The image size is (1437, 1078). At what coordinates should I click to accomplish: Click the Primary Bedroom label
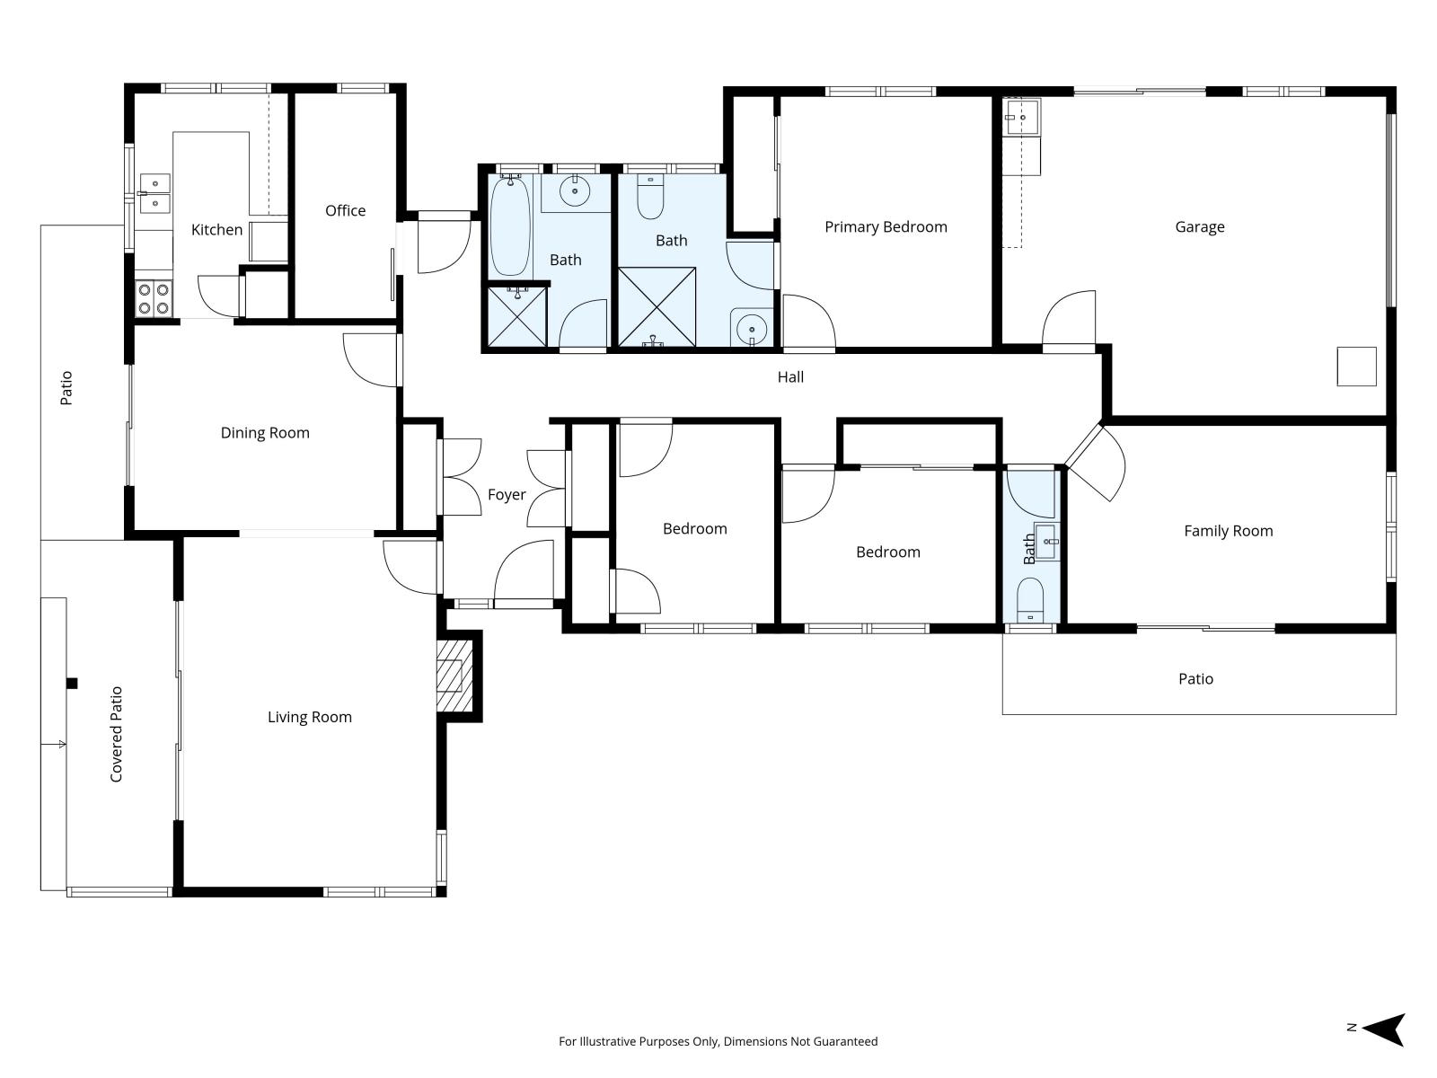tap(886, 227)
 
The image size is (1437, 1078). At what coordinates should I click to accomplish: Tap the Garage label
tap(1199, 227)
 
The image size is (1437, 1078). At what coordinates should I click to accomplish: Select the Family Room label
tap(1228, 531)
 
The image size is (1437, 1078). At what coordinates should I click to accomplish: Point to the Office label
tap(345, 210)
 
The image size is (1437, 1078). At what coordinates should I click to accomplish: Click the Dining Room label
tap(264, 433)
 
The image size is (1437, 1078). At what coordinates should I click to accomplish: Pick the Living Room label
tap(310, 717)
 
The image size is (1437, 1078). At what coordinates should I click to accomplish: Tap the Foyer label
tap(506, 495)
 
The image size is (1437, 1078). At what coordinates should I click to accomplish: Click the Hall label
tap(790, 377)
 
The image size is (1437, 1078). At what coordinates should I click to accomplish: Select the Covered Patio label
tap(116, 734)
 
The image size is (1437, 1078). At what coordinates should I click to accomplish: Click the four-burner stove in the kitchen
tap(154, 298)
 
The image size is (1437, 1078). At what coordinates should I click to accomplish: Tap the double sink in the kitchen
tap(154, 194)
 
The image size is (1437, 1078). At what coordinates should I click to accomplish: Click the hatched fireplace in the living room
tap(454, 676)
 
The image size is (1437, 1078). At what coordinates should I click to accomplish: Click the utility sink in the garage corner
tap(1021, 117)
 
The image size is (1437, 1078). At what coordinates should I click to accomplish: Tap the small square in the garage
tap(1356, 367)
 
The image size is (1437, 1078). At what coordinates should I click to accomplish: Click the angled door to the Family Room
tap(1095, 462)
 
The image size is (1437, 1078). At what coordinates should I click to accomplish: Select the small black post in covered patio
tap(72, 684)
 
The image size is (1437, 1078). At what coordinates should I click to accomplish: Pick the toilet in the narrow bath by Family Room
tap(1030, 599)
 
